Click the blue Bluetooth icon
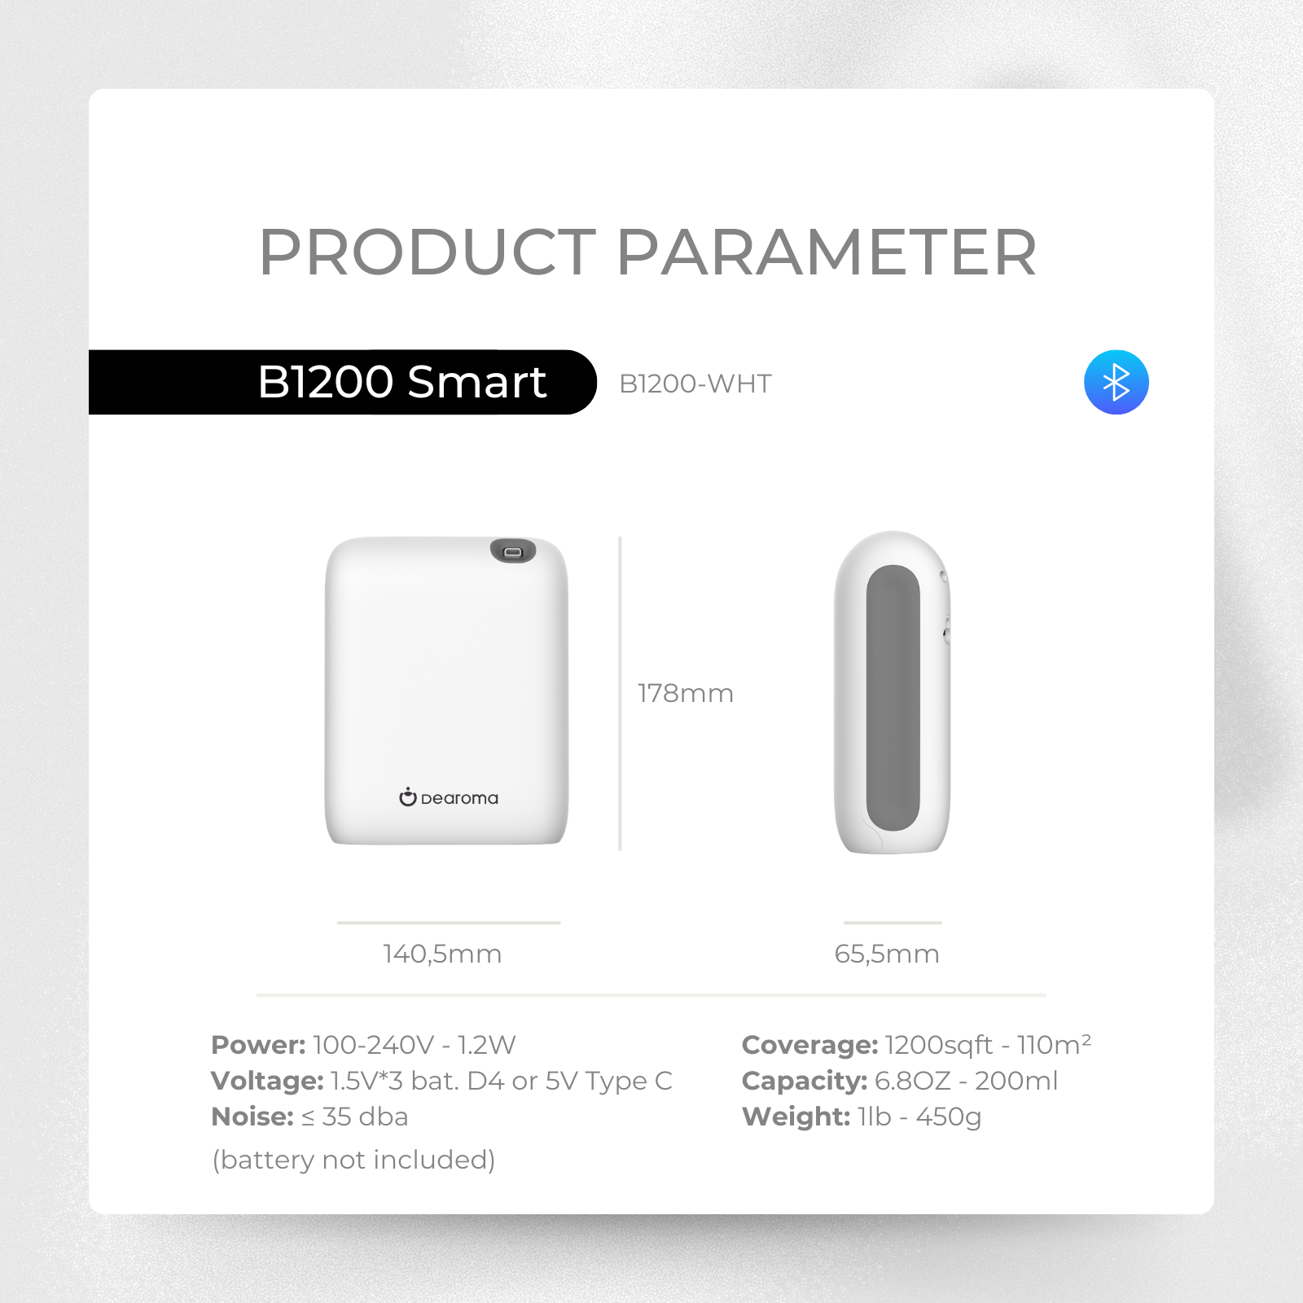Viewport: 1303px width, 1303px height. (1116, 382)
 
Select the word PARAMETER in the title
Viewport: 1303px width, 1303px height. (827, 252)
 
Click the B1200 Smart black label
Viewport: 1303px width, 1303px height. (342, 382)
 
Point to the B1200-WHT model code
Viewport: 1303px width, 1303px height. (695, 384)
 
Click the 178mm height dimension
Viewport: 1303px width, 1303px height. (686, 693)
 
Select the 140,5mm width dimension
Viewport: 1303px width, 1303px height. (442, 954)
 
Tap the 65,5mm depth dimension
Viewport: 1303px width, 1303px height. (887, 954)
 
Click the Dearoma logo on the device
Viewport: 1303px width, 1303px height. (449, 797)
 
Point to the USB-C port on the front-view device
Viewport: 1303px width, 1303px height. (513, 551)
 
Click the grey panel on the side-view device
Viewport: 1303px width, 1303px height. (893, 698)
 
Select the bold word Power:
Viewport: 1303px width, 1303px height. (258, 1045)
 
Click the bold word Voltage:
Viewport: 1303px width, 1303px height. (267, 1081)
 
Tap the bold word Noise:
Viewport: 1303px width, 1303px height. (252, 1117)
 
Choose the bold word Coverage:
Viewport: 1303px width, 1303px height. (809, 1045)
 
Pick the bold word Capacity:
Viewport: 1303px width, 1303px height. (805, 1081)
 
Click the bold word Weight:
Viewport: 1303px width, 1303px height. (796, 1117)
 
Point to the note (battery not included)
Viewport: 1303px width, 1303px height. (353, 1160)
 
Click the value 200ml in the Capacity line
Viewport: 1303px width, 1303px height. (1016, 1081)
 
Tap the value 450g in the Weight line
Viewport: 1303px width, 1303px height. (949, 1117)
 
